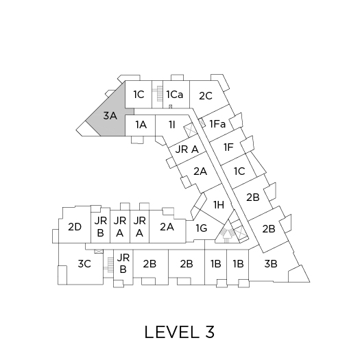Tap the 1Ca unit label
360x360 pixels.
(175, 95)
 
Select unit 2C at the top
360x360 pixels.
(206, 96)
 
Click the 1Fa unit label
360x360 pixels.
(217, 124)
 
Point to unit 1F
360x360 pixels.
(228, 147)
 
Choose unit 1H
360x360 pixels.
(219, 204)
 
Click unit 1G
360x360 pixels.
(201, 228)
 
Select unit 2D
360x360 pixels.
(75, 227)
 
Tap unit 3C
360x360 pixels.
(84, 263)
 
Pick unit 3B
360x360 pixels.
(270, 263)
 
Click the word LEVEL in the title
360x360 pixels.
(171, 332)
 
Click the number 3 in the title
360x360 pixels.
(210, 332)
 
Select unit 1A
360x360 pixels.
(141, 125)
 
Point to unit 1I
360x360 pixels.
(172, 125)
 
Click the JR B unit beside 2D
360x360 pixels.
(100, 226)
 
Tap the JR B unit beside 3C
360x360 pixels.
(123, 263)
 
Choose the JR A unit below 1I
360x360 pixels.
(187, 149)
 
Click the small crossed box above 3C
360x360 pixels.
(99, 252)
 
